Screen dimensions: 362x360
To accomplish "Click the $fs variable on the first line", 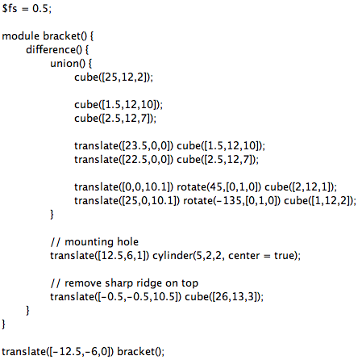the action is click(10, 9).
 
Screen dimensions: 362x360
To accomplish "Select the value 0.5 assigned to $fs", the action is click(40, 9).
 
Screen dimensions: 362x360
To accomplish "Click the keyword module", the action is click(21, 36).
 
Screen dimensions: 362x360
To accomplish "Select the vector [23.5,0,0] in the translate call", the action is click(148, 145).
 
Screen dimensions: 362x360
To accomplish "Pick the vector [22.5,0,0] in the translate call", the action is click(148, 160).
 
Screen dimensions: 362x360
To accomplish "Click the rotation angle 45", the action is click(217, 186).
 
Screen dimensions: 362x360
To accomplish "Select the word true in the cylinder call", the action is click(285, 255).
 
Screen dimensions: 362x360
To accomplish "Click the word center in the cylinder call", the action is click(244, 256).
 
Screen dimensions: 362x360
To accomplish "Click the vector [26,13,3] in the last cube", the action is click(235, 296).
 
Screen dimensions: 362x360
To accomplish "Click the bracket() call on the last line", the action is click(139, 351).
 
